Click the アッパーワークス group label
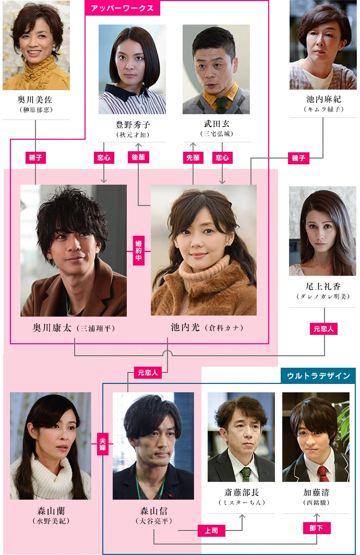(122, 8)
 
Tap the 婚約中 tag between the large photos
(139, 251)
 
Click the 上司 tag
(211, 530)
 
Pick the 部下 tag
(317, 528)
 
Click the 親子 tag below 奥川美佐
(35, 158)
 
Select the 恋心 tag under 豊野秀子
(104, 158)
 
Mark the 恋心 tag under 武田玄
(222, 158)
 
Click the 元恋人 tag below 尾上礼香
(324, 329)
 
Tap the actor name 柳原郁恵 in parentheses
(36, 110)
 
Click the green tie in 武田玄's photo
(221, 105)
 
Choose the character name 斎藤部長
(241, 492)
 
